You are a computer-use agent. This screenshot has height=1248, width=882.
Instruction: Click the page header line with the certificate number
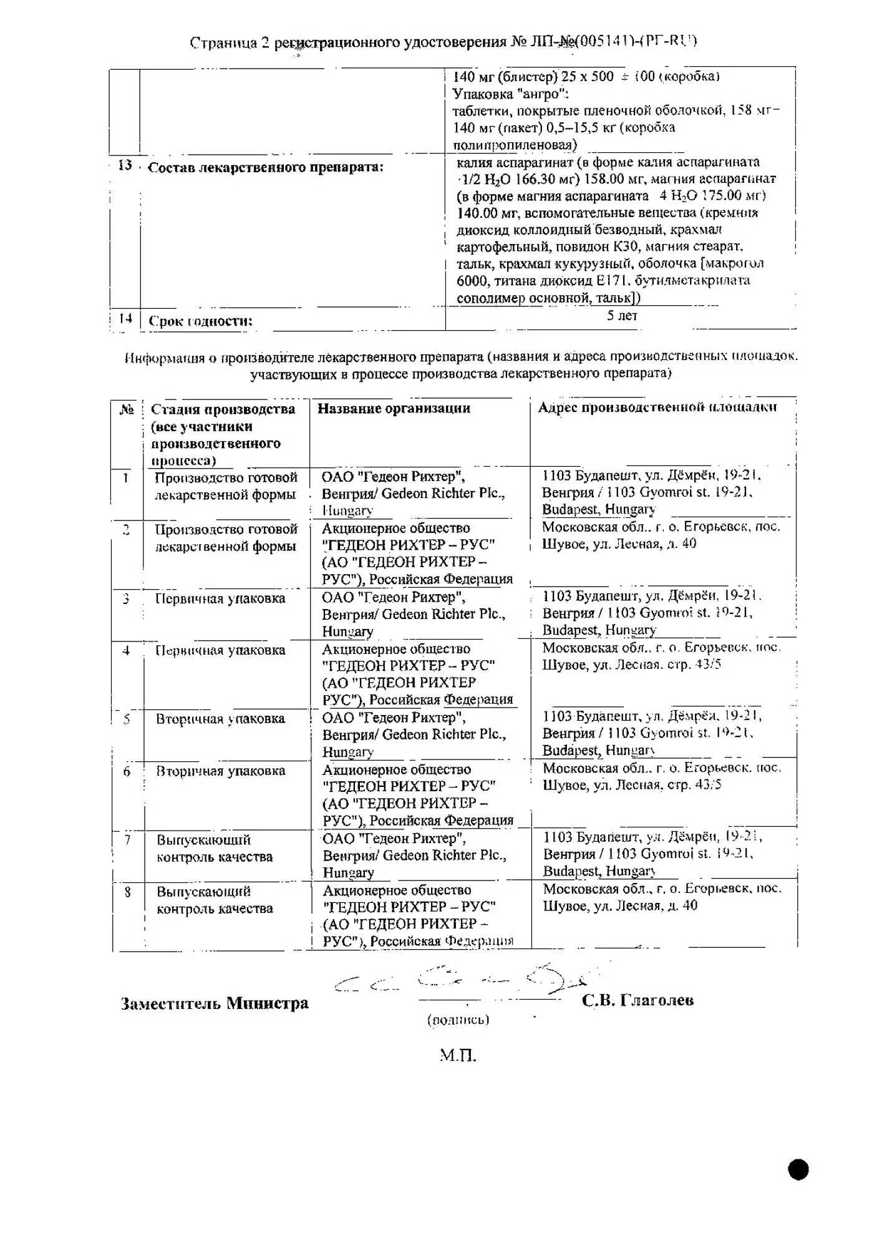(443, 42)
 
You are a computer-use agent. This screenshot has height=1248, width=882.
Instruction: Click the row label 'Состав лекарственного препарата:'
(266, 167)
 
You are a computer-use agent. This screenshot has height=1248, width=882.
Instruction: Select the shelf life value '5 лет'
(622, 316)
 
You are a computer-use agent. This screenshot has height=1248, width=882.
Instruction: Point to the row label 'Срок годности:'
(200, 321)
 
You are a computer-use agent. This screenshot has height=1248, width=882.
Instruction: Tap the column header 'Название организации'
(394, 409)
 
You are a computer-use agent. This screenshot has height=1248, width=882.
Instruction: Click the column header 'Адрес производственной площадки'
(657, 407)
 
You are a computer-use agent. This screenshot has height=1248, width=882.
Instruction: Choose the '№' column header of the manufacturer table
(127, 409)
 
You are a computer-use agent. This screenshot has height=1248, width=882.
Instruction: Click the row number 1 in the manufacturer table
(126, 478)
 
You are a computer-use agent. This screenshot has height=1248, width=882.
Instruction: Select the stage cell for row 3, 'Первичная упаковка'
(220, 599)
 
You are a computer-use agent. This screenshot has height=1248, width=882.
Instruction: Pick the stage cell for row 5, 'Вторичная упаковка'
(220, 719)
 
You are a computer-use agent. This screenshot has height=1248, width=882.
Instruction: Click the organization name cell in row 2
(417, 553)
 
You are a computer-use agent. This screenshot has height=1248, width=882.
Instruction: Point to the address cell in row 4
(661, 656)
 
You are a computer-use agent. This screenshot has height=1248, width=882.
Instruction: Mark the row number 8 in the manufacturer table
(127, 892)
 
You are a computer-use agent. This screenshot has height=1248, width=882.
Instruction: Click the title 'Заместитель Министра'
(215, 1004)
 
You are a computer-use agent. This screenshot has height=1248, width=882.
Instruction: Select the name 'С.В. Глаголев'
(637, 1001)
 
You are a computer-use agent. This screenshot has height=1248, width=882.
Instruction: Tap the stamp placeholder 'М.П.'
(458, 1056)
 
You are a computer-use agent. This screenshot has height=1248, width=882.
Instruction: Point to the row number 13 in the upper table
(125, 165)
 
